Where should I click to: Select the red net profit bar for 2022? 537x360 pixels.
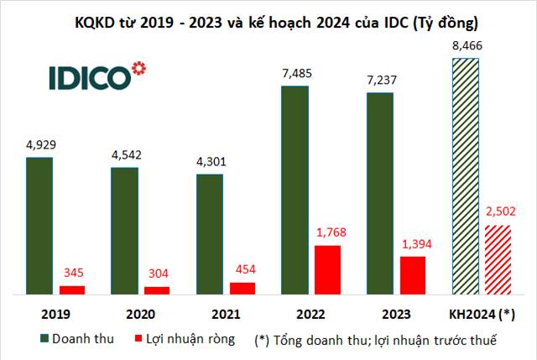(327, 269)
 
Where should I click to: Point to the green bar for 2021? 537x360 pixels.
(210, 234)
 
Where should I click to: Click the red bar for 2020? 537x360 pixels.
(157, 290)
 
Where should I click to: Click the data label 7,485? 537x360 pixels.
(297, 74)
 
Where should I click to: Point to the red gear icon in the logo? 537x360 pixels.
(138, 66)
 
